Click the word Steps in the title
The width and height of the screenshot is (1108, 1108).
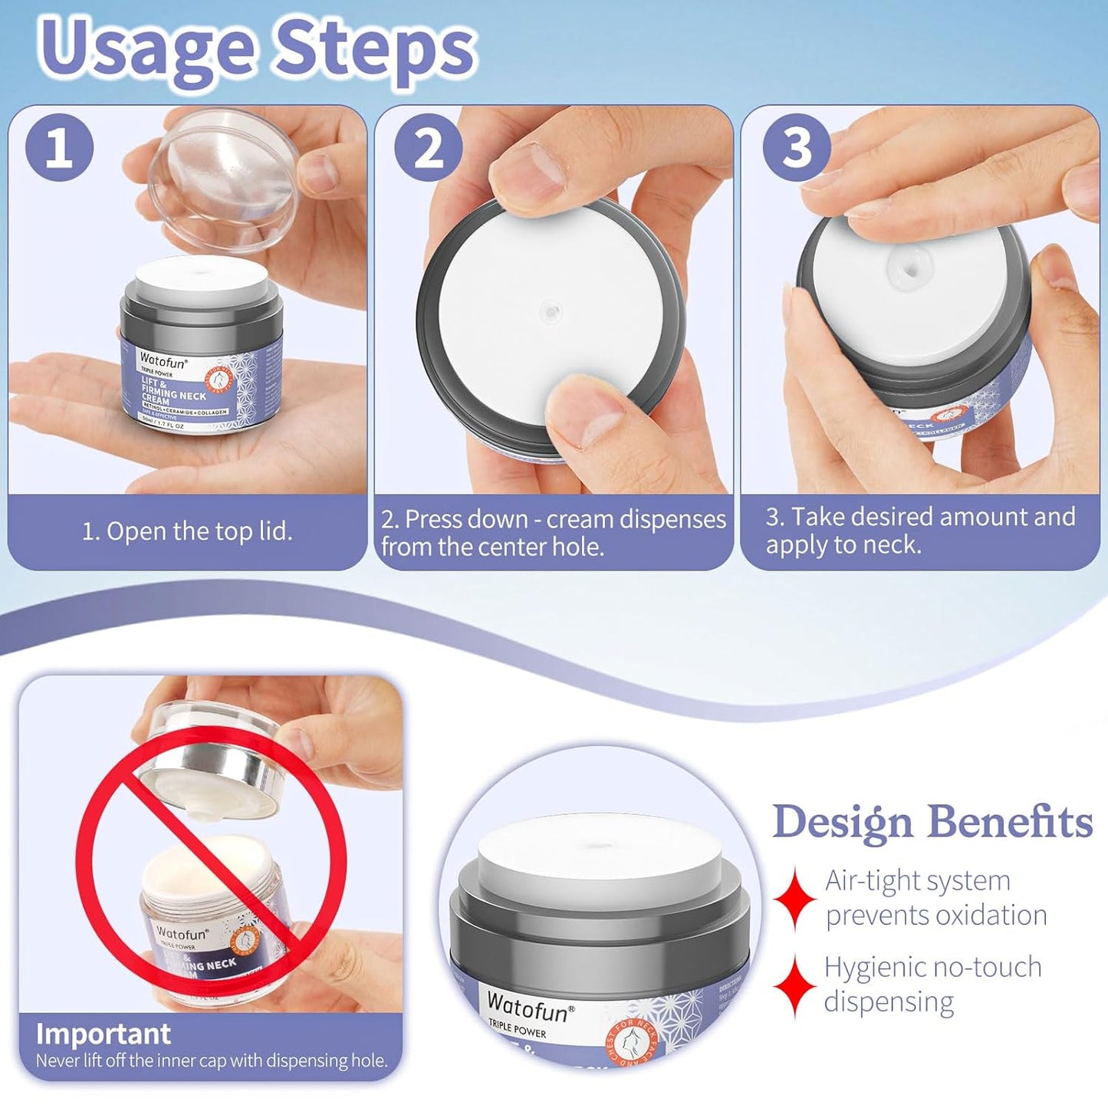(376, 48)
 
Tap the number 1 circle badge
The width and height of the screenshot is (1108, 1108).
(59, 147)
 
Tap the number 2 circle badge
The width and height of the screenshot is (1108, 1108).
(428, 147)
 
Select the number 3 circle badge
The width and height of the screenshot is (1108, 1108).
(797, 147)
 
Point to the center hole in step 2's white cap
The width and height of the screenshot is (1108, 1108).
(549, 311)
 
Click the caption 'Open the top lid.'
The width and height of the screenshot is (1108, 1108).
(187, 531)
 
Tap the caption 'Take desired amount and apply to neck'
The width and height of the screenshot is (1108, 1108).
(919, 531)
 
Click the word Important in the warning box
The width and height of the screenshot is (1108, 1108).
(103, 1034)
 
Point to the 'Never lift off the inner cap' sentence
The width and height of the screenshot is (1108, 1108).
(212, 1061)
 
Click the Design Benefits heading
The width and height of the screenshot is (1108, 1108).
(932, 822)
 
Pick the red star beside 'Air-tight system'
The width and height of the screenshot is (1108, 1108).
(794, 899)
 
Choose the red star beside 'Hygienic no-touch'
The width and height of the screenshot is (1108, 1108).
(794, 985)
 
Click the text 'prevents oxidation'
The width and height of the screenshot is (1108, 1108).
(935, 915)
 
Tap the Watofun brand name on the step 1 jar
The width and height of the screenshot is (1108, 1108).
(162, 357)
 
